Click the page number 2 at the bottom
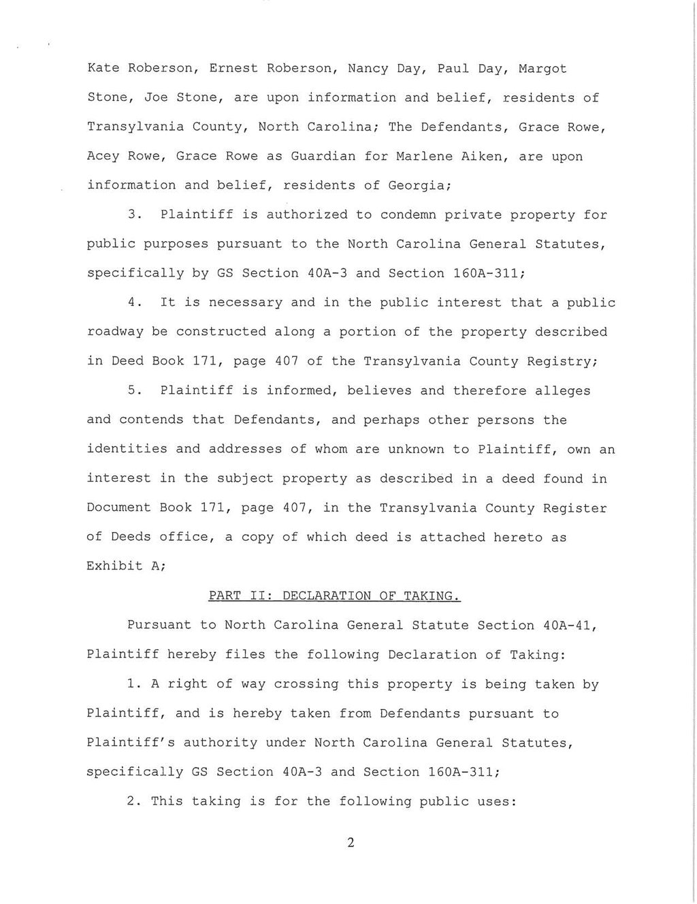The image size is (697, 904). (x=351, y=843)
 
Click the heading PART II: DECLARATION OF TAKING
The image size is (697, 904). (x=335, y=596)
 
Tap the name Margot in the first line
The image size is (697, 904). (x=542, y=69)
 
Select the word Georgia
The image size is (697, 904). (x=415, y=185)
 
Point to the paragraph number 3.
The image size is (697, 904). (x=133, y=215)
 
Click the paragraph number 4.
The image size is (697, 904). (x=133, y=302)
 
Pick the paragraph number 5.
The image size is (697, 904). (x=133, y=391)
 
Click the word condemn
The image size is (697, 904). (x=407, y=215)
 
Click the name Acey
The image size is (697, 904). (x=103, y=156)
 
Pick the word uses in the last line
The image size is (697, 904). (x=498, y=801)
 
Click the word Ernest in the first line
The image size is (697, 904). (x=233, y=69)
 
